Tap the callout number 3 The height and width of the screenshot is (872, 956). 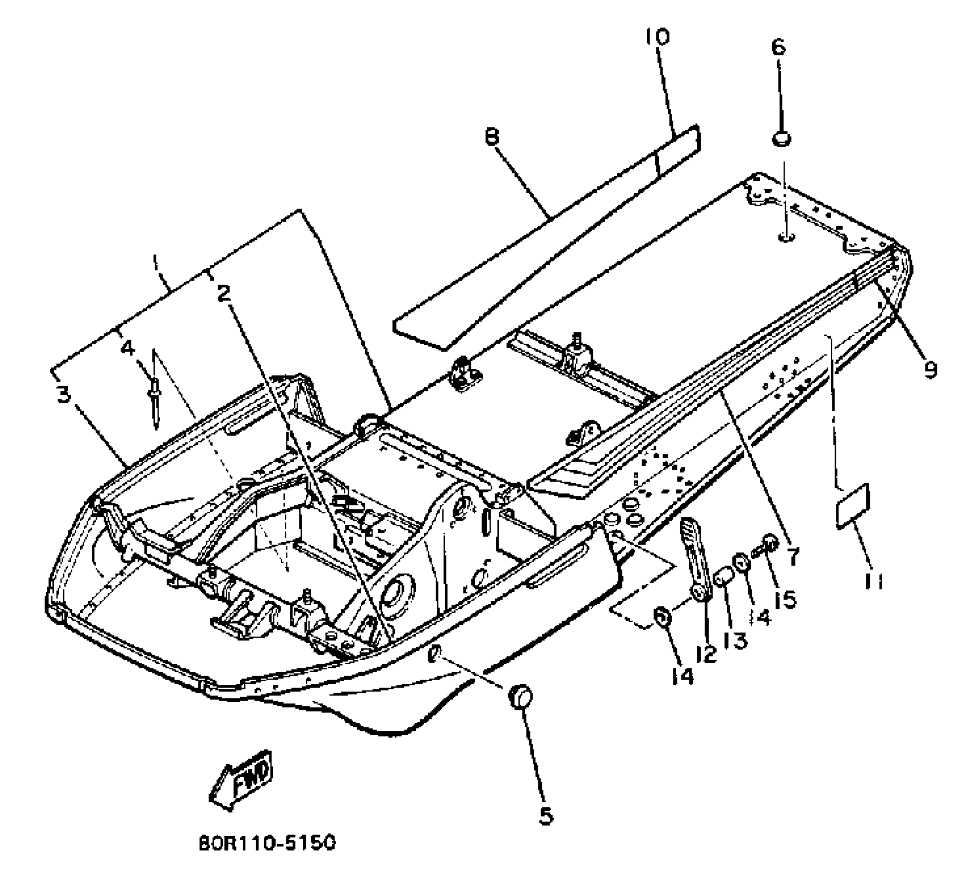click(x=63, y=395)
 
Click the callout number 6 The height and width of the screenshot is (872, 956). click(x=778, y=47)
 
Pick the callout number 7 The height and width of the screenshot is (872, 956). click(x=793, y=556)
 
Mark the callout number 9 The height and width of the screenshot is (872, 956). click(x=929, y=368)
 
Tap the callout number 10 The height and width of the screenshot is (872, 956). click(x=658, y=37)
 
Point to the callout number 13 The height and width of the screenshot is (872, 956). click(x=735, y=640)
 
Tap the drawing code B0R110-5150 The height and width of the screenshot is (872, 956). click(x=267, y=843)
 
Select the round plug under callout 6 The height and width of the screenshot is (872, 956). click(x=781, y=138)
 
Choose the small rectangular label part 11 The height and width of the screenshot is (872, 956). click(x=852, y=506)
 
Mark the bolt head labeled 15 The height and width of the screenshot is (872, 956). click(x=768, y=541)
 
